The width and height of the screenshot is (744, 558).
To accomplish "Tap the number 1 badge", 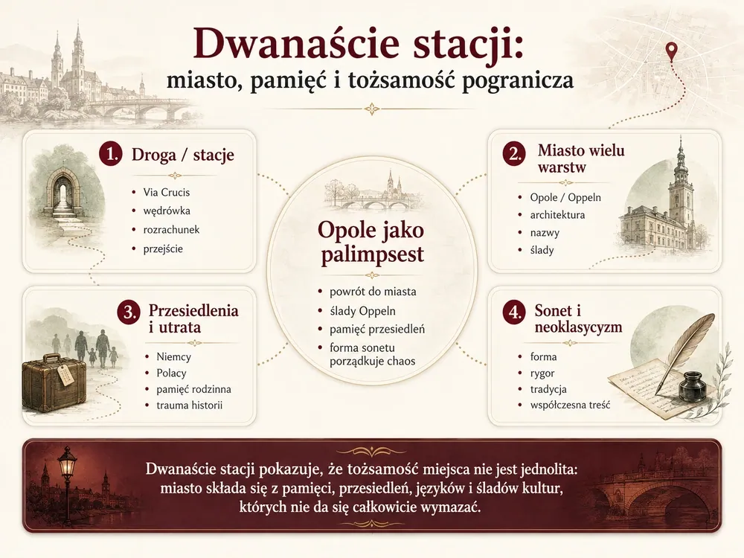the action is [111, 155].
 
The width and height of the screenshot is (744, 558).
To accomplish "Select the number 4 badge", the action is [514, 312].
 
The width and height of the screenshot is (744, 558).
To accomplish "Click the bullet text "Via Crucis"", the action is [167, 192].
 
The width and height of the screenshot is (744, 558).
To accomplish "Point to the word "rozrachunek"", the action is [171, 230].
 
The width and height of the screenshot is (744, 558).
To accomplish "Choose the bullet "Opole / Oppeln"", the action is [565, 197].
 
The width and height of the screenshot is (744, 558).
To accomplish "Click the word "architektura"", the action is [557, 215].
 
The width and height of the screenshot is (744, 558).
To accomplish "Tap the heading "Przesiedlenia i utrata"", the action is [193, 318].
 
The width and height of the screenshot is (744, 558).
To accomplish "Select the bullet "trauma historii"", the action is [189, 405].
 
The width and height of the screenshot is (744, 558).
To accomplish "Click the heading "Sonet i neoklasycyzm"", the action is [578, 318].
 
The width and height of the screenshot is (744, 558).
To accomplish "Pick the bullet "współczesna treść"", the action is [571, 405].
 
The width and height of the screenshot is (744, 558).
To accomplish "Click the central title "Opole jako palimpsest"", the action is [371, 243].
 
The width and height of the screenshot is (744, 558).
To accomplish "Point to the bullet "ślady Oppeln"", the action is [362, 311].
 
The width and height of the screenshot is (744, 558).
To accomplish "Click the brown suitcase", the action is [54, 385].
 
